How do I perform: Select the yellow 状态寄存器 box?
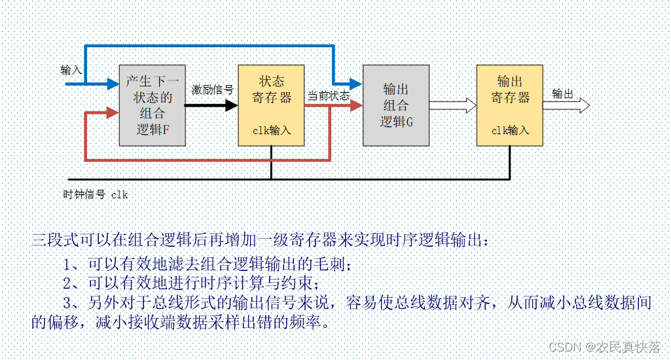coord(271,105)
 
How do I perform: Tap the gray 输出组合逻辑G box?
coord(395,105)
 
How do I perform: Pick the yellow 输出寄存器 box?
coord(510,105)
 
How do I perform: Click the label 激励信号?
coord(212,90)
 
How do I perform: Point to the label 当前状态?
coord(329,96)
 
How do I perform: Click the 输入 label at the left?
coord(71,70)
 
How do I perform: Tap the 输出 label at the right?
coord(562,94)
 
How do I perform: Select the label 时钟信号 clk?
coord(96,194)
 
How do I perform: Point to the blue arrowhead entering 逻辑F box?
coord(111,84)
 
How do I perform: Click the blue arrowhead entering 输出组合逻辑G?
coord(354,84)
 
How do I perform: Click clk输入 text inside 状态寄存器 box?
coord(272,130)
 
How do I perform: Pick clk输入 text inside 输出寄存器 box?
coord(510,130)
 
